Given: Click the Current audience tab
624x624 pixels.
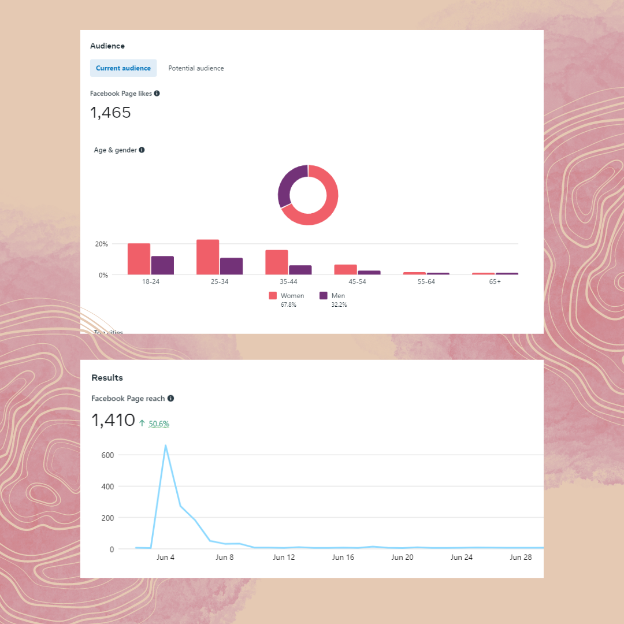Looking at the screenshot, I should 123,68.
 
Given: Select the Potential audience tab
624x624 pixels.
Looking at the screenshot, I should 196,68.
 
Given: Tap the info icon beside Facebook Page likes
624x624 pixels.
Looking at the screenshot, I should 157,93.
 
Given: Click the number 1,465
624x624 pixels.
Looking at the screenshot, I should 110,113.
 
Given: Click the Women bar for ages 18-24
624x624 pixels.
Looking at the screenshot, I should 139,259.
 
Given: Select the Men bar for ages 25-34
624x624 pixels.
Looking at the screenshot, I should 231,266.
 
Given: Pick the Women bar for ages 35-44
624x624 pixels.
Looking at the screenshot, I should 277,262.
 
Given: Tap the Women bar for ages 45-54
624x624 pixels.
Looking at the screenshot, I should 346,269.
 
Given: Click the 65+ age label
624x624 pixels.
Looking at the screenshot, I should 495,281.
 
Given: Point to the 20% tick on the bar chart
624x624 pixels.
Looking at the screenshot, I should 102,244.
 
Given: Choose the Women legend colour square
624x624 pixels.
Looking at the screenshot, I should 273,296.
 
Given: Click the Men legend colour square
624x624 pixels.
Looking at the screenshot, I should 324,296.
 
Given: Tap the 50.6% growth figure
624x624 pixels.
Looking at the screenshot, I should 159,424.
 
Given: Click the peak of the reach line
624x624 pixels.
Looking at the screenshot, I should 165,445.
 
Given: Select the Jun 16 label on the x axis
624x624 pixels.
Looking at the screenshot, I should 343,558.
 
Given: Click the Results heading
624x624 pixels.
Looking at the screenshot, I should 107,378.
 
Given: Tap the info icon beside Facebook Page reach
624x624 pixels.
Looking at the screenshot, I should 170,398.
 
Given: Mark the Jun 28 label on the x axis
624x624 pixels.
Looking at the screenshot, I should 521,558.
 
